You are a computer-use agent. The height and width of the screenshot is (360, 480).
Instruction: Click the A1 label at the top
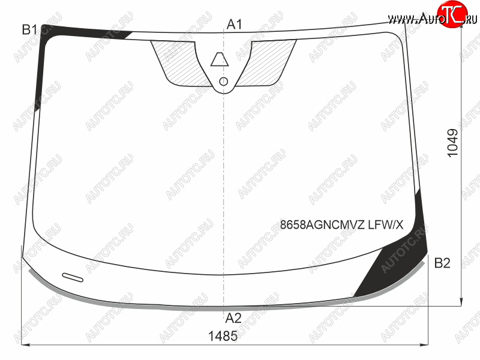(235, 24)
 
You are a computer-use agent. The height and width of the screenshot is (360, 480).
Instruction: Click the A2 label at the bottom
(233, 319)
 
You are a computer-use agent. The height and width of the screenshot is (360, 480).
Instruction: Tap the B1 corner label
(29, 29)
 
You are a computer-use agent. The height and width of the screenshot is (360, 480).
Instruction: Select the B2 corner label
(442, 263)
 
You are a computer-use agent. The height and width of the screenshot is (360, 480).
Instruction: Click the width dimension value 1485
(223, 336)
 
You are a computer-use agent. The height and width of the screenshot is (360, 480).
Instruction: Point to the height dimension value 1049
(453, 143)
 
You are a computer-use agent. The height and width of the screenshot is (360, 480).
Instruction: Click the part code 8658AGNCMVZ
(322, 225)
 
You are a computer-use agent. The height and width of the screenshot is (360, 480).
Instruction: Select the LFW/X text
(386, 225)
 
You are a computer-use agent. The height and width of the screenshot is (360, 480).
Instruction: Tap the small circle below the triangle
(224, 82)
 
